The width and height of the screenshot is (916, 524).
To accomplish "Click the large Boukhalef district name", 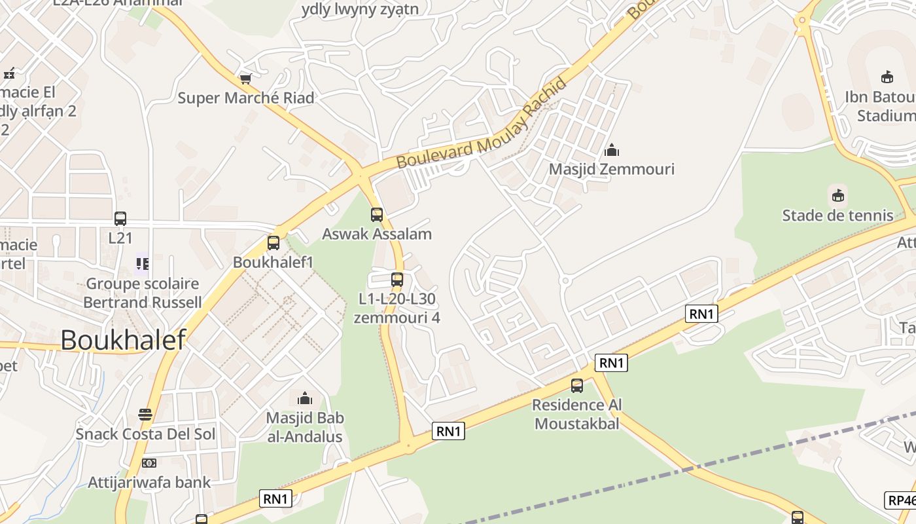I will tap(123, 340).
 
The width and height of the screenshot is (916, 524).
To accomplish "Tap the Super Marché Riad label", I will tap(246, 98).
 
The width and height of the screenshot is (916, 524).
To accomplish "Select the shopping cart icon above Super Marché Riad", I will tap(246, 79).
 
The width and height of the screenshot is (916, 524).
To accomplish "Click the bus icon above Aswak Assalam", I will tap(377, 215).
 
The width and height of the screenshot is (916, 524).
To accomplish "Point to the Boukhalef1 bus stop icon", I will tap(273, 243).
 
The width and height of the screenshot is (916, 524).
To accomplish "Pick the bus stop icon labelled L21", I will tap(120, 219).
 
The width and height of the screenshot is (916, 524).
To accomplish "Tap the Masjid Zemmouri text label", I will tap(611, 169).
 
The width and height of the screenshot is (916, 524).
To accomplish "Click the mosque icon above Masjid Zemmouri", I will tap(612, 150).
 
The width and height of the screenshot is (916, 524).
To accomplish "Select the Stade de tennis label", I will tap(837, 215).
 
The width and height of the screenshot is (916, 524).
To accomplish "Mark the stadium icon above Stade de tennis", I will tap(837, 196).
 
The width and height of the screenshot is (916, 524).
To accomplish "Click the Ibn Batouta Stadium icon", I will tap(887, 77).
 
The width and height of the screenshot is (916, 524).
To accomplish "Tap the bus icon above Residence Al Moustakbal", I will tap(576, 386).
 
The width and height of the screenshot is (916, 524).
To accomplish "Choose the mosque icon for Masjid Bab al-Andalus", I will tap(305, 398).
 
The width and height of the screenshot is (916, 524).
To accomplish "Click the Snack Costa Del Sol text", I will tap(145, 434).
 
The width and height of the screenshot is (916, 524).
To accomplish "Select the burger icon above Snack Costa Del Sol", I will tap(145, 415).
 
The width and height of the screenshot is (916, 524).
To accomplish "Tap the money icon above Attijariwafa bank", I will tap(149, 463).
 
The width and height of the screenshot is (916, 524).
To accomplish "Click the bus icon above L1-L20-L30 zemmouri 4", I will tap(396, 280).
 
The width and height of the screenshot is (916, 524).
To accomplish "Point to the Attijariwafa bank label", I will tap(149, 483).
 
